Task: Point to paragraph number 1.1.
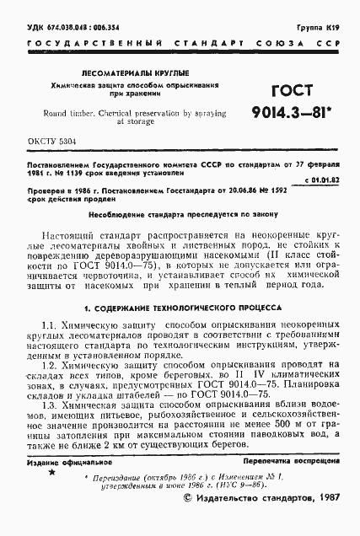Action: click(x=50, y=325)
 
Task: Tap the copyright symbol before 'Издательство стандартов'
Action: click(x=188, y=521)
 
